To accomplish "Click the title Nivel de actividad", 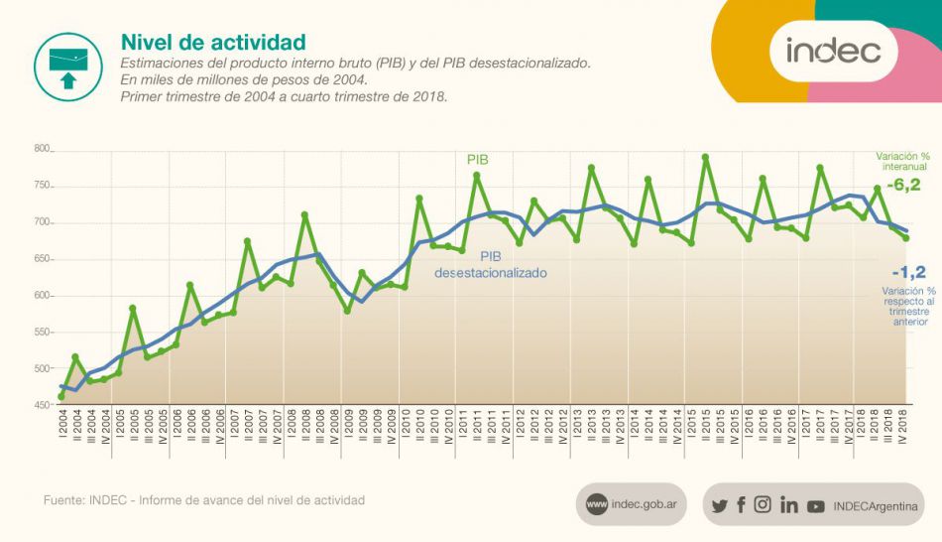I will [x=212, y=42].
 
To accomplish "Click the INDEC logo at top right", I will [x=834, y=50].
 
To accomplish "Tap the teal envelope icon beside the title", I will [x=68, y=67].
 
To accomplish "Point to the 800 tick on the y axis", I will [x=42, y=149].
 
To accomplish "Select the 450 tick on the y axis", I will [x=42, y=405].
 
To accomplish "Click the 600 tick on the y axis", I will [x=42, y=296].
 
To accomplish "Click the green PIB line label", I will [x=478, y=159].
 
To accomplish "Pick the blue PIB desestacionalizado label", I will [x=491, y=263].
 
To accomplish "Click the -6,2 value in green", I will [x=904, y=186].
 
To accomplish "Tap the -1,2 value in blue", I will [x=908, y=272].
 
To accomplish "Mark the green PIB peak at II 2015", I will [x=705, y=157].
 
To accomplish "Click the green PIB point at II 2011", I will [x=476, y=176].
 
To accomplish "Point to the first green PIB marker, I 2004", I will [x=61, y=397].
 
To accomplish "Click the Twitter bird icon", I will [x=720, y=505].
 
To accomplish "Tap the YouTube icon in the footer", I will [x=815, y=505].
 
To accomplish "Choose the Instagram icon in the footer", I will [x=763, y=504].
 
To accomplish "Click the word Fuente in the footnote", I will [x=62, y=500].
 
